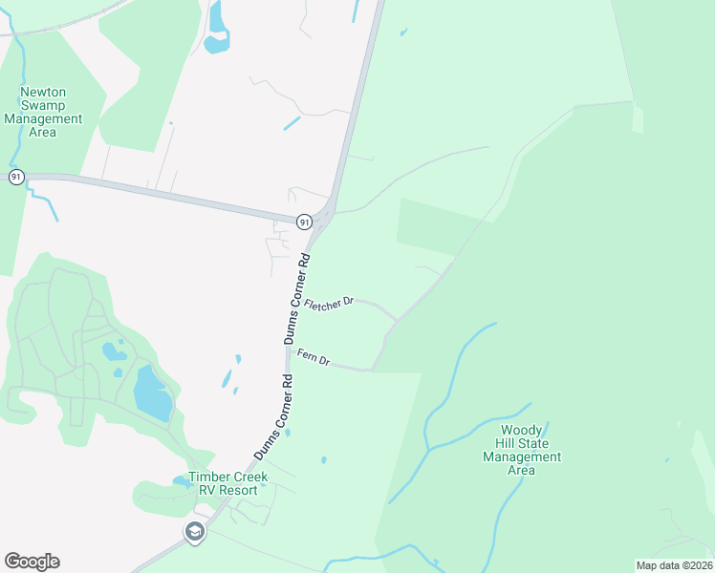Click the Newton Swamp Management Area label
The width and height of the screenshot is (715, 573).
click(x=43, y=112)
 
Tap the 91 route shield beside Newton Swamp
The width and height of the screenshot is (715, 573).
click(x=16, y=177)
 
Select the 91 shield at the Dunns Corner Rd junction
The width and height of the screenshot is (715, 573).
click(x=303, y=222)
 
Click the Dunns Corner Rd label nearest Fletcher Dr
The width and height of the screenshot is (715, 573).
click(x=296, y=299)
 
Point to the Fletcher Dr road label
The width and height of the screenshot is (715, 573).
click(x=329, y=303)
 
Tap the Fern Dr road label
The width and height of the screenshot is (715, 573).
click(x=314, y=357)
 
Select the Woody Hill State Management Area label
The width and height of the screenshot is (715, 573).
click(x=521, y=450)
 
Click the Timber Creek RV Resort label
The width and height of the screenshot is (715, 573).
click(x=228, y=483)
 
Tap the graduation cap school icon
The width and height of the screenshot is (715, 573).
click(x=195, y=532)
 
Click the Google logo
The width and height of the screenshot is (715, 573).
click(x=32, y=562)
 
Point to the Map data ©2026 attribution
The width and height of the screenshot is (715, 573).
click(x=674, y=564)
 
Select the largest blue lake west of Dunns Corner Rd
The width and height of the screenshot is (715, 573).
click(x=153, y=393)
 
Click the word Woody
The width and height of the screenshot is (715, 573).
click(x=522, y=431)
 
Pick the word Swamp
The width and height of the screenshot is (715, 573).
click(x=43, y=106)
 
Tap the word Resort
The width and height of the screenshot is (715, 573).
click(x=239, y=490)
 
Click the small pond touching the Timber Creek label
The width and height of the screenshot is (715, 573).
click(x=182, y=480)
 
